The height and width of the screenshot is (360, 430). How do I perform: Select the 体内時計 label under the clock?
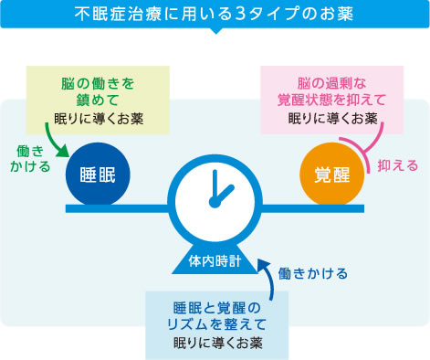pyautogui.click(x=215, y=261)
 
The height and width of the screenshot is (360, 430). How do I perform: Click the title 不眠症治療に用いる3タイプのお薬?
pyautogui.click(x=215, y=15)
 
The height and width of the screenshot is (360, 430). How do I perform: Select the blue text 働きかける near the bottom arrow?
pyautogui.click(x=313, y=272)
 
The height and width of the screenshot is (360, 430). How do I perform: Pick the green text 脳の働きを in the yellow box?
pyautogui.click(x=98, y=83)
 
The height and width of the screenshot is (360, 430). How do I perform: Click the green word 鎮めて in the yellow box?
pyautogui.click(x=98, y=101)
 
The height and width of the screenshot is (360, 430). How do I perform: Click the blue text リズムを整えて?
pyautogui.click(x=217, y=324)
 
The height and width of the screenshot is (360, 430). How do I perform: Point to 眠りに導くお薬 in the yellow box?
pyautogui.click(x=98, y=119)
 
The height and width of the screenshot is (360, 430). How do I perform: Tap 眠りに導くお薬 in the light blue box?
pyautogui.click(x=217, y=344)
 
